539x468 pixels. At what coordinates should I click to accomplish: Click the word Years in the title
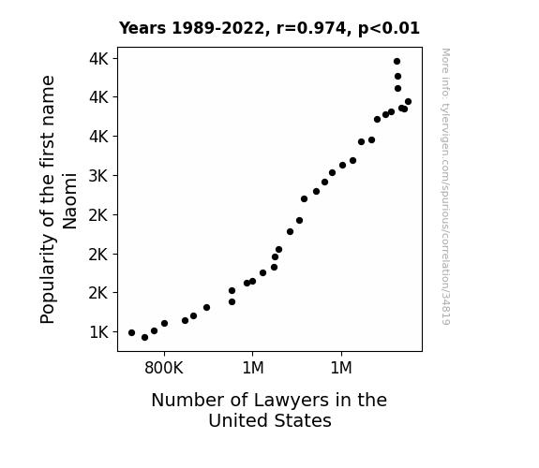click(142, 28)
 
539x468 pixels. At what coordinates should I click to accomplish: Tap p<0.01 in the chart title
click(389, 29)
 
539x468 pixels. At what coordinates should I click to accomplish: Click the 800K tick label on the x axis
click(164, 368)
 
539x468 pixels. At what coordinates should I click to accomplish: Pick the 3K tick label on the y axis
click(98, 176)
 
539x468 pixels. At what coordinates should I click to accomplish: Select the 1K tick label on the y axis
click(98, 332)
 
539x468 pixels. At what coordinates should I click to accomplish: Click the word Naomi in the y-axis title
click(69, 201)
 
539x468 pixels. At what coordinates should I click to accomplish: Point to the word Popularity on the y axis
click(48, 279)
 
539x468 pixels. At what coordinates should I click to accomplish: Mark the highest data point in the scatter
click(397, 62)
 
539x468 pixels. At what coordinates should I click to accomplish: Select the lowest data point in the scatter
click(144, 338)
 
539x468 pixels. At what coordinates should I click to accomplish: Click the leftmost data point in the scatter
click(131, 332)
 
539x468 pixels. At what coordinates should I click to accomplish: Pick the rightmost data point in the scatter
click(408, 102)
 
